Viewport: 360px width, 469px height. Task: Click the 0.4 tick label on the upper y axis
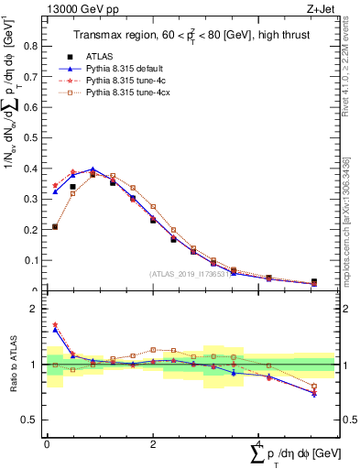click(x=34, y=169)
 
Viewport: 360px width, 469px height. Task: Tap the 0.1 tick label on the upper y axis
click(x=34, y=260)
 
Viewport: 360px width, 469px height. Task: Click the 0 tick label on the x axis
click(x=47, y=443)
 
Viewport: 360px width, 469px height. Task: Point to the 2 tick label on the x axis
click(x=152, y=443)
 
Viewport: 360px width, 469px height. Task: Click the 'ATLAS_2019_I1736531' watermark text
click(x=191, y=274)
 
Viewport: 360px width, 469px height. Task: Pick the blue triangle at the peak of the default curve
click(x=93, y=169)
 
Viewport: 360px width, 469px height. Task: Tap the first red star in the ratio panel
click(x=55, y=325)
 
